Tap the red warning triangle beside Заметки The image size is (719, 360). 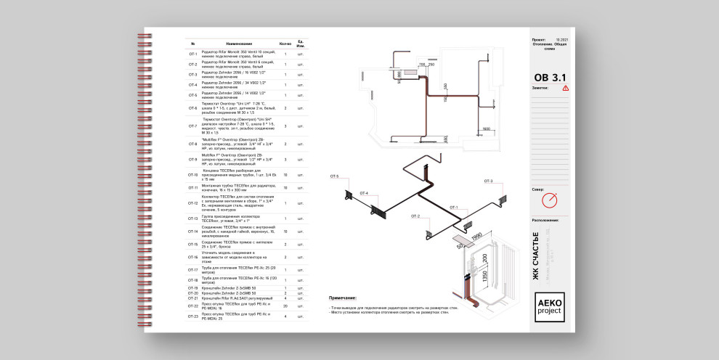tap(566, 88)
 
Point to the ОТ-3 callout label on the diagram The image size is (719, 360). tap(488, 181)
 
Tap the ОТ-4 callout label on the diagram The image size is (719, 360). tap(363, 193)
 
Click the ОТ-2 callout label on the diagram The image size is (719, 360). tap(415, 216)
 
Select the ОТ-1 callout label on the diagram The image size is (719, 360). tap(453, 207)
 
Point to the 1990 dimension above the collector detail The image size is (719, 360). tap(476, 237)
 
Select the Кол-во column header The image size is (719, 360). tap(285, 44)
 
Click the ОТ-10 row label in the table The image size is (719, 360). tap(192, 175)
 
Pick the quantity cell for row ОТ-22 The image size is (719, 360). tap(285, 306)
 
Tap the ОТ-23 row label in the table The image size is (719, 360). tap(192, 316)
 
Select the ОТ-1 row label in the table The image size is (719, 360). tap(192, 54)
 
